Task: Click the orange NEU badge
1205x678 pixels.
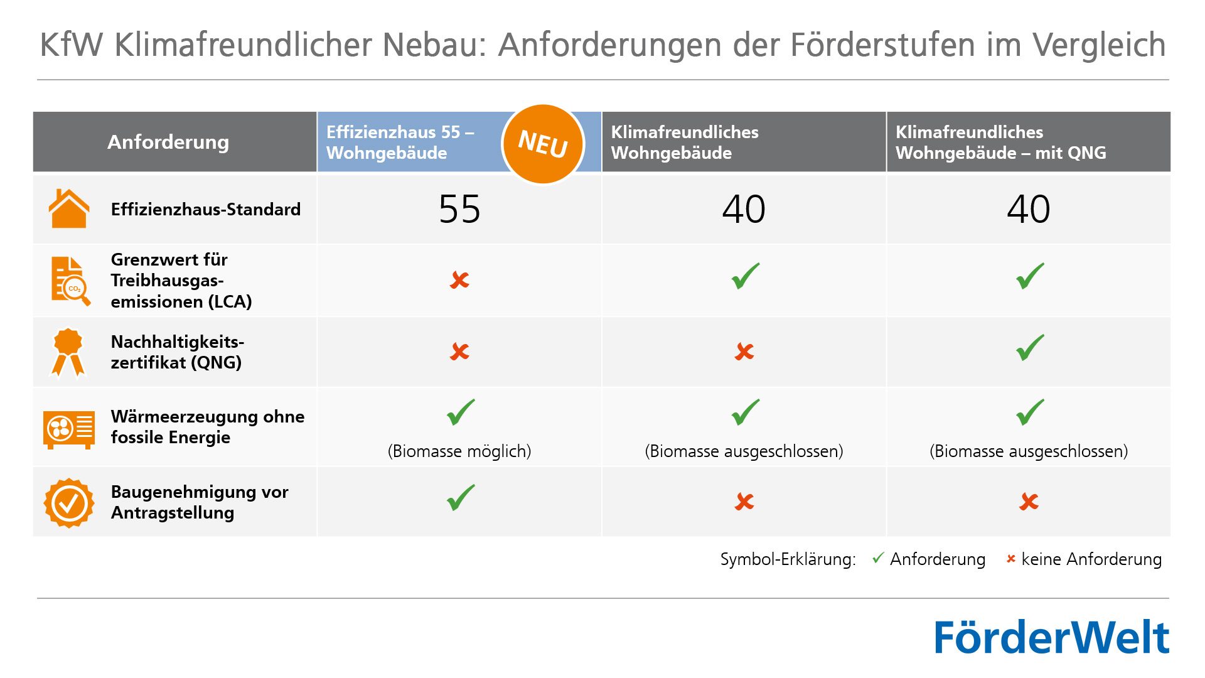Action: pyautogui.click(x=543, y=144)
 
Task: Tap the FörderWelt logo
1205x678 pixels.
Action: pyautogui.click(x=1052, y=637)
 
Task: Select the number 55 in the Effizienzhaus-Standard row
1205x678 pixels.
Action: pyautogui.click(x=459, y=209)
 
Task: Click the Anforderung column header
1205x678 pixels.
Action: pyautogui.click(x=168, y=142)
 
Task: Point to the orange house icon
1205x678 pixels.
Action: pyautogui.click(x=68, y=208)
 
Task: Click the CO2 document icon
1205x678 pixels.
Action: pyautogui.click(x=70, y=281)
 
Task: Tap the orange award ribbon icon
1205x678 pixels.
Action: pyautogui.click(x=68, y=352)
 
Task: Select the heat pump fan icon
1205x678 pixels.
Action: pyautogui.click(x=68, y=429)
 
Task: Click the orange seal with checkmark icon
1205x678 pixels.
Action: pyautogui.click(x=68, y=502)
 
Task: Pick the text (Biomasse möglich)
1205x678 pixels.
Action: pyautogui.click(x=459, y=451)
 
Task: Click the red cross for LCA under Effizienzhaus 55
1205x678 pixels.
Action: pyautogui.click(x=459, y=280)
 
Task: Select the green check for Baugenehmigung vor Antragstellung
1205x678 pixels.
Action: pyautogui.click(x=460, y=498)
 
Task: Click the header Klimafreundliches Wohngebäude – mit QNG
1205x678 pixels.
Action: pyautogui.click(x=1000, y=142)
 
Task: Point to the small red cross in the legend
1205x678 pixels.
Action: pyautogui.click(x=1010, y=559)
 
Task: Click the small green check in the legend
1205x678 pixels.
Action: pyautogui.click(x=878, y=557)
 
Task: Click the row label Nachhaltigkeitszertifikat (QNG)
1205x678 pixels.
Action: pyautogui.click(x=177, y=352)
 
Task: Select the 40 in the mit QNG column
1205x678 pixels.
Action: pyautogui.click(x=1028, y=209)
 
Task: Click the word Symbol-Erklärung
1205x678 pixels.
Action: pyautogui.click(x=788, y=559)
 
